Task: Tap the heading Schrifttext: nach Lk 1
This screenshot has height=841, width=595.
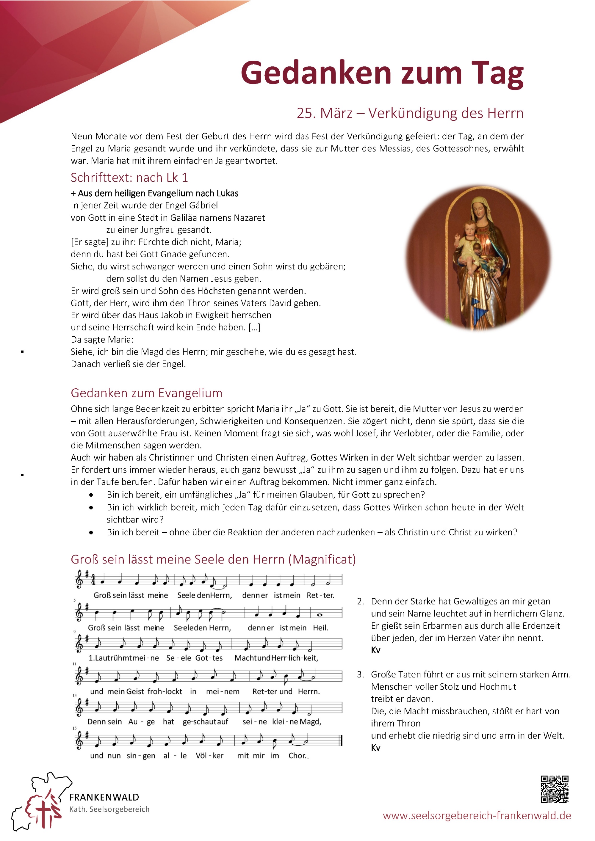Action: coord(129,177)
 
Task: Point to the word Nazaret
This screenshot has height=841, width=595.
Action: coord(249,218)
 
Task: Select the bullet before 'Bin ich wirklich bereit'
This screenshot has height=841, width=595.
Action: coord(91,508)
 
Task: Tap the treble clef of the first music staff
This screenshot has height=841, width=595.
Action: coord(79,580)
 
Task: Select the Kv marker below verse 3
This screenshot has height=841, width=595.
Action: coord(375,748)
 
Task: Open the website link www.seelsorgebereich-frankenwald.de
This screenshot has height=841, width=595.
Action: coord(477,815)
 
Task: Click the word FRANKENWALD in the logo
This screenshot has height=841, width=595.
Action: coord(104,797)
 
